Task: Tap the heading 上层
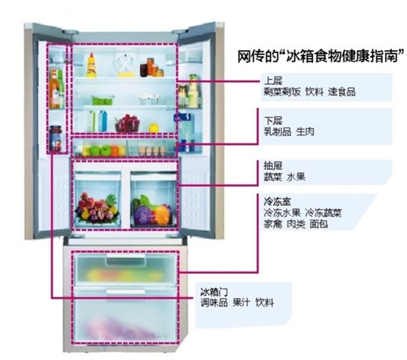(x=273, y=81)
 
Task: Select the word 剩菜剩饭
(x=282, y=92)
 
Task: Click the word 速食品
(x=342, y=92)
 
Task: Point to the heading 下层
(x=273, y=121)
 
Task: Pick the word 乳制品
(x=277, y=131)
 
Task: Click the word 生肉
(x=305, y=131)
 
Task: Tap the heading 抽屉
(x=273, y=165)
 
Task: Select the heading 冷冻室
(x=277, y=201)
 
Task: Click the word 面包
(x=319, y=224)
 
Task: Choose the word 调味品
(x=214, y=303)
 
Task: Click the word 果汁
(x=242, y=303)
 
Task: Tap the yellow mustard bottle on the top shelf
(x=92, y=65)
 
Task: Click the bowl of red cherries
(x=128, y=124)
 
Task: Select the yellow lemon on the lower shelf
(x=154, y=128)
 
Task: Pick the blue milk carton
(x=103, y=121)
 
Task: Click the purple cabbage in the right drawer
(x=142, y=214)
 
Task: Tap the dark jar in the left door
(x=56, y=139)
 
